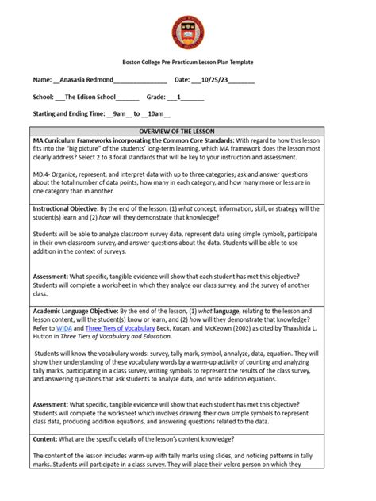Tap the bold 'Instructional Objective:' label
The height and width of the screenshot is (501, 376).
pos(66,209)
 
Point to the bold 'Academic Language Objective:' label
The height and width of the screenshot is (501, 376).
pos(75,312)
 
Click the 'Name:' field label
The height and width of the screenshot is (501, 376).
pos(41,79)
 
